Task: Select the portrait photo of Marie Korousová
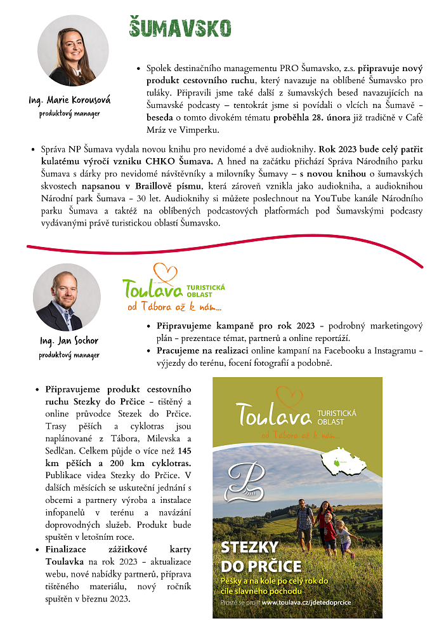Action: coord(73,51)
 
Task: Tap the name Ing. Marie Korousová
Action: coord(70,100)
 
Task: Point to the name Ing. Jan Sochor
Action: coord(69,341)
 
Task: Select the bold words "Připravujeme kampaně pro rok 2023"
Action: coord(235,326)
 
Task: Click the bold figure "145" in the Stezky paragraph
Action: coord(184,451)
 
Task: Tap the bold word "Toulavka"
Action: coord(63,562)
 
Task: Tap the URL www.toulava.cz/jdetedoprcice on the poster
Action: coord(306,602)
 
